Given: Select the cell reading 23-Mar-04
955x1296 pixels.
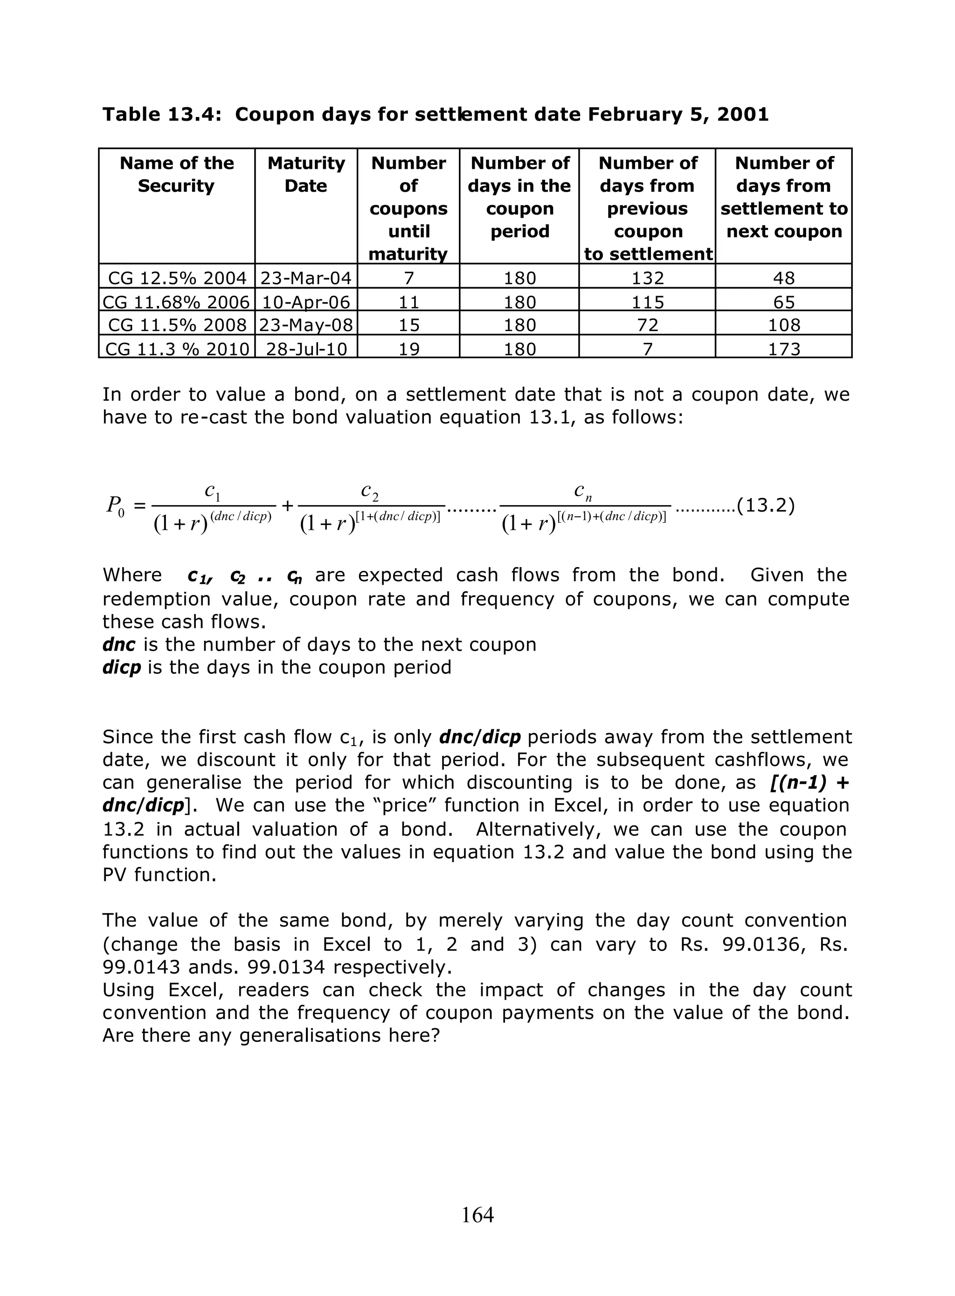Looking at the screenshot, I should pyautogui.click(x=306, y=278).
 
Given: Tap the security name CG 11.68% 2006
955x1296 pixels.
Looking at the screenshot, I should pyautogui.click(x=176, y=302).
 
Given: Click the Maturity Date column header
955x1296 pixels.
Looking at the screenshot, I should pyautogui.click(x=306, y=174).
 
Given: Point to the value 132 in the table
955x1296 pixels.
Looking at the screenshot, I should pyautogui.click(x=647, y=278).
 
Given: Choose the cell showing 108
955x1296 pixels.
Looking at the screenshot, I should pyautogui.click(x=784, y=325).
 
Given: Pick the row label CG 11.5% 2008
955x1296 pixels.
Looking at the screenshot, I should pyautogui.click(x=178, y=325).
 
